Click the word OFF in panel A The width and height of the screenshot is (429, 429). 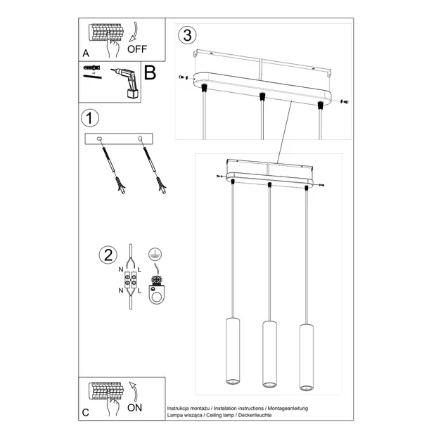pos(138,49)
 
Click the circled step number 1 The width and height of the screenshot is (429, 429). pos(88,117)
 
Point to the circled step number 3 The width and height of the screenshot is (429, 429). pos(186,34)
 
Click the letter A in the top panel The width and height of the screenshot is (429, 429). pos(86,53)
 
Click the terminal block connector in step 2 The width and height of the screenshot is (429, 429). pos(132,282)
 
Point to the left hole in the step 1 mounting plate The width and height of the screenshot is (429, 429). pos(99,138)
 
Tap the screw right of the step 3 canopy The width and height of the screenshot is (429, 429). pos(343,102)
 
